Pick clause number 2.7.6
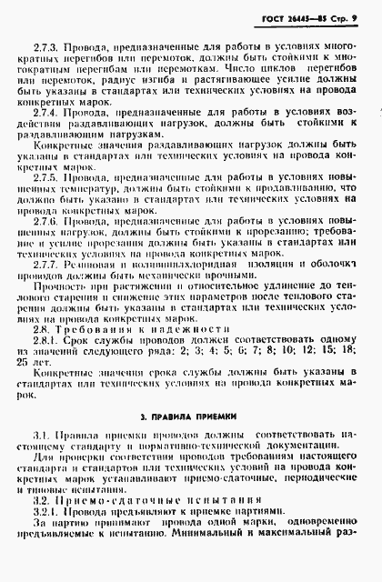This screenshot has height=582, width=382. coord(45,221)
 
